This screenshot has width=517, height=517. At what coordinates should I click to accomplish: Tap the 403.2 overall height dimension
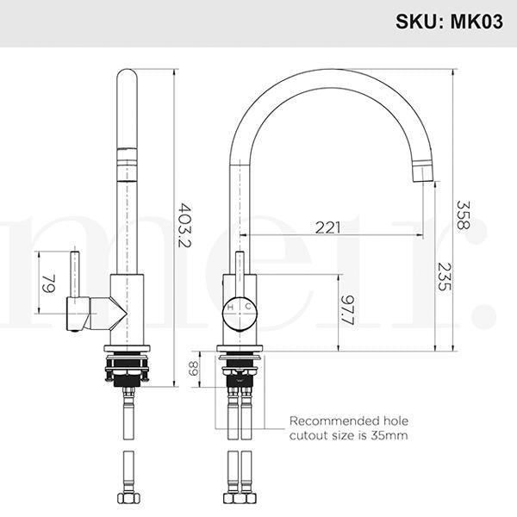[184, 225]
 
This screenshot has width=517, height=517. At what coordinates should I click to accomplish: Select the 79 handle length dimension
[49, 283]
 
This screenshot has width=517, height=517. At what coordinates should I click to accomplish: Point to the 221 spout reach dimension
[327, 227]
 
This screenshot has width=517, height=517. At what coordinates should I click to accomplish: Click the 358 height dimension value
[464, 214]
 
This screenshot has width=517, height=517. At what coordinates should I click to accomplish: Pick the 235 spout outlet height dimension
[443, 275]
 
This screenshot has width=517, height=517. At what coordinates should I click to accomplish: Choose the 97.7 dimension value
[347, 308]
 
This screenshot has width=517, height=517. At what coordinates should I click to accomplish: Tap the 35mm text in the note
[389, 436]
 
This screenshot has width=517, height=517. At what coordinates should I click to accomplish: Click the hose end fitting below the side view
[128, 497]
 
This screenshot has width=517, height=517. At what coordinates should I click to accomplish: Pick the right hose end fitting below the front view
[247, 497]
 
